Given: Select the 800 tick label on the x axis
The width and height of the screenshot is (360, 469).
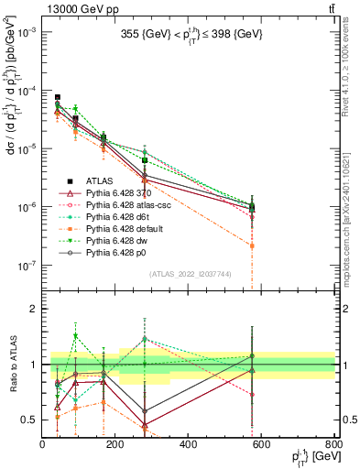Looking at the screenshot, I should point(334,443).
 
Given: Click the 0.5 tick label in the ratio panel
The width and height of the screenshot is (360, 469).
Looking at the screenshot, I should point(27,420).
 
